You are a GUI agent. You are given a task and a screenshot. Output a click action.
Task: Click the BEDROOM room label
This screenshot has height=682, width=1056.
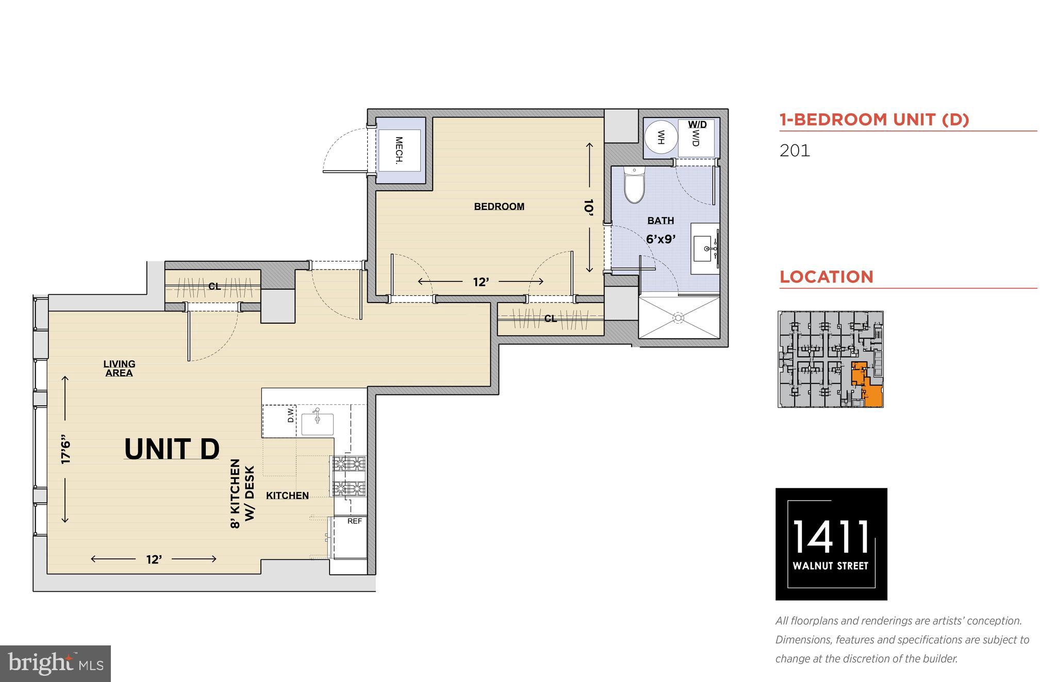tap(499, 207)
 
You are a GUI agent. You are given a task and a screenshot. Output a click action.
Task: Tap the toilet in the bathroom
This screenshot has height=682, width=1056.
tap(634, 185)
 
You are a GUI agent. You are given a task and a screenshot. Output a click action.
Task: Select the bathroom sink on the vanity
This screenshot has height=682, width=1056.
tap(703, 249)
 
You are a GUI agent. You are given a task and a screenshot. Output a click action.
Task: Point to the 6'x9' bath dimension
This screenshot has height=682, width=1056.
tap(661, 239)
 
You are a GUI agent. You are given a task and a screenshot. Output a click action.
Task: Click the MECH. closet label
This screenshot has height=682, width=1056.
tap(399, 150)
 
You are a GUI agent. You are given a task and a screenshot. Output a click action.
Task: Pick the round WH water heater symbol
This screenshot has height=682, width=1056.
tap(661, 138)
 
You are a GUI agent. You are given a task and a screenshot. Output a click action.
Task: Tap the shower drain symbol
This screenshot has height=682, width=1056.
tap(679, 318)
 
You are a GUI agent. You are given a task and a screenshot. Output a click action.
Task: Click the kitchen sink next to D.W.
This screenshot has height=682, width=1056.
tap(317, 423)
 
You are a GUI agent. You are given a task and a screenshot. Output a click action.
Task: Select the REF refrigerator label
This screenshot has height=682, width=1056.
tap(354, 521)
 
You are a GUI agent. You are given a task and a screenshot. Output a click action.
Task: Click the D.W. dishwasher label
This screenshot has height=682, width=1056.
tap(291, 415)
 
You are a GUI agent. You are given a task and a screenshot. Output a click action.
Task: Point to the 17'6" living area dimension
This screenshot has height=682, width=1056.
tap(65, 451)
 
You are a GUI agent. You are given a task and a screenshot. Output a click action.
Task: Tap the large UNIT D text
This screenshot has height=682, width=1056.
tap(172, 448)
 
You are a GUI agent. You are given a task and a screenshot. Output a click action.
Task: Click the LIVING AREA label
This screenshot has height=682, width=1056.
tap(119, 369)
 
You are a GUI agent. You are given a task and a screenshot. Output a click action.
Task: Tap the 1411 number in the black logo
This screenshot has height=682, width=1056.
tap(831, 536)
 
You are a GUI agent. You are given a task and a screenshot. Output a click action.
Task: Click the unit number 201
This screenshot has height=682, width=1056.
tap(795, 151)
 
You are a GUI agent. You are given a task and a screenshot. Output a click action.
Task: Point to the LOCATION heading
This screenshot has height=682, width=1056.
tap(826, 277)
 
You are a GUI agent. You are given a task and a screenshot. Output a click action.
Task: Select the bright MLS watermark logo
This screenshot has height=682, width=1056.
tap(56, 663)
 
